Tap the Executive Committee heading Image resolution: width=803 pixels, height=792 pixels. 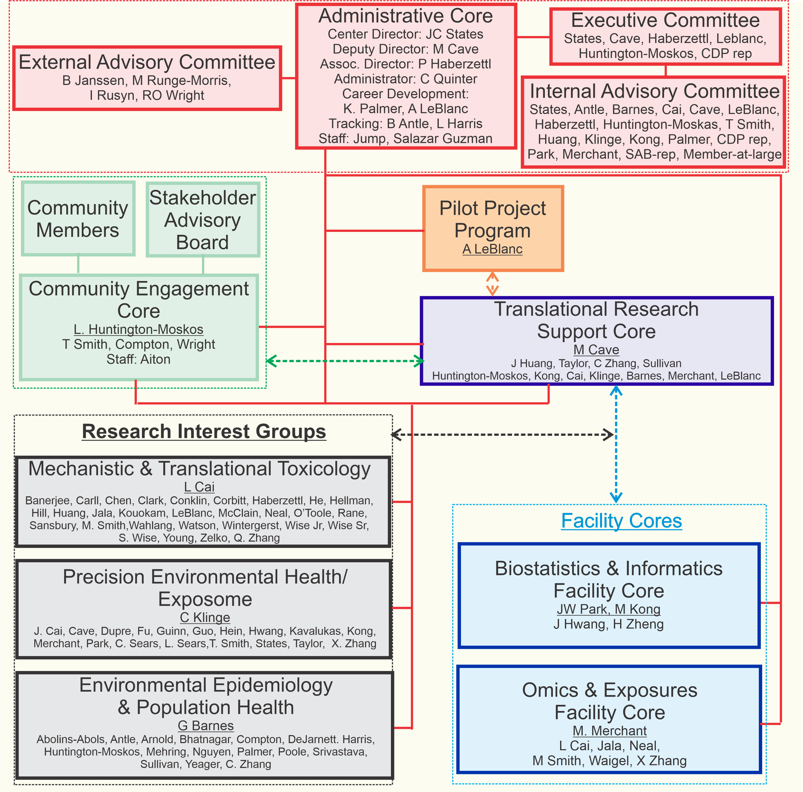point(665,20)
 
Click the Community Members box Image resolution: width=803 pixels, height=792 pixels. point(78,219)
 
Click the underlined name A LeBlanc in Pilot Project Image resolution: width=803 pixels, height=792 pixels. point(492,249)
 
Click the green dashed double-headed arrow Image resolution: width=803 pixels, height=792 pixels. point(345,361)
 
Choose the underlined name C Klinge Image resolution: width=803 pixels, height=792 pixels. point(205,618)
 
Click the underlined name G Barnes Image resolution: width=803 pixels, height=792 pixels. point(206,725)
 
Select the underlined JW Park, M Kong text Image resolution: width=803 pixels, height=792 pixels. point(608,609)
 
